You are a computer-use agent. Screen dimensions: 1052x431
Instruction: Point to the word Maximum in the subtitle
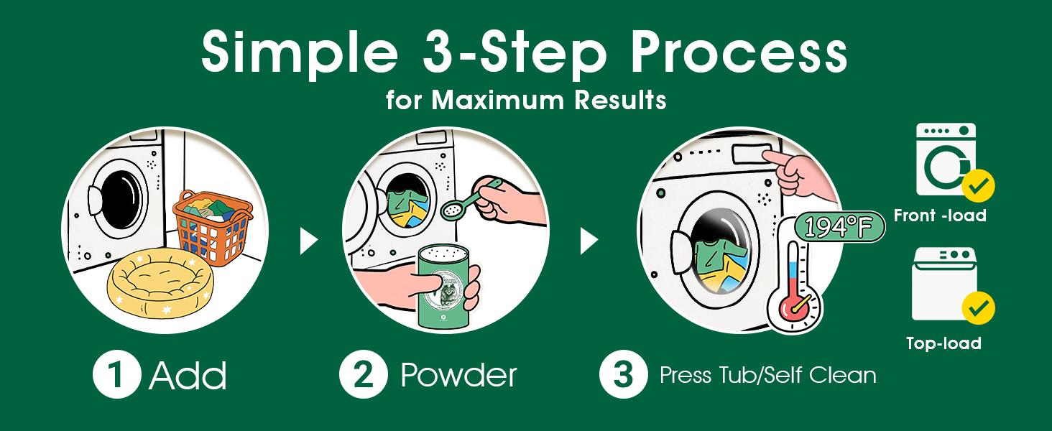pos(498,100)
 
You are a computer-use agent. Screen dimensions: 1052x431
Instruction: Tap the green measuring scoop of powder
pos(470,200)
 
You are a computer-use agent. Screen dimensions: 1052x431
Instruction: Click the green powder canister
pos(443,287)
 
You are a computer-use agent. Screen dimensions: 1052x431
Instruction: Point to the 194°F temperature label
pos(839,227)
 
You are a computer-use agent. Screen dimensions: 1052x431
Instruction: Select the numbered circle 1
pos(117,374)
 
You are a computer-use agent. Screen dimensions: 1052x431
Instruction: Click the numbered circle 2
pos(363,374)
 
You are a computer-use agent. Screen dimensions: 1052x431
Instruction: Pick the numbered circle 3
pos(623,374)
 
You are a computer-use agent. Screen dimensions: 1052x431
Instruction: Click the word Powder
pos(459,375)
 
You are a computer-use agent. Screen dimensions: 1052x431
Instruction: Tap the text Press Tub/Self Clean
pos(768,375)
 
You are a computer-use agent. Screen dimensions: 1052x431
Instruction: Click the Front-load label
pos(940,215)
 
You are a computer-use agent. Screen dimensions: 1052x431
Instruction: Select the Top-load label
pos(944,343)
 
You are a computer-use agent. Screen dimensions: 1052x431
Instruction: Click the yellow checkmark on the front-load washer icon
pos(978,186)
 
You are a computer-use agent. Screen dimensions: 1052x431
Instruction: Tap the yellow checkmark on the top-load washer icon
pos(978,308)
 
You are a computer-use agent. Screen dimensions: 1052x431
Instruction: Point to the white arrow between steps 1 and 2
pos(308,241)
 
